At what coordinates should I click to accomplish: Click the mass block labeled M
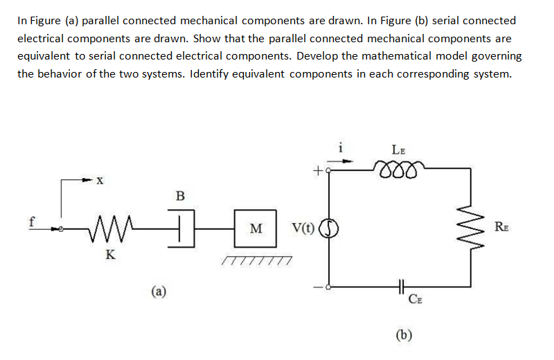(256, 228)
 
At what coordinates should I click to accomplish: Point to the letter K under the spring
(109, 254)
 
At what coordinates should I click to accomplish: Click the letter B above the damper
(180, 196)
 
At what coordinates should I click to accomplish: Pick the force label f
(31, 223)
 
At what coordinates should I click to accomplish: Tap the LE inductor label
(399, 149)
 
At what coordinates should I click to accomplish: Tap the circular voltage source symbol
(328, 228)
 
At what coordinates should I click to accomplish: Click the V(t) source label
(305, 228)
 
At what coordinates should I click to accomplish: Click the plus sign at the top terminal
(318, 168)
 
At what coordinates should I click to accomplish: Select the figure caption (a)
(159, 291)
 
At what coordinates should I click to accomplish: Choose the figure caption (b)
(404, 336)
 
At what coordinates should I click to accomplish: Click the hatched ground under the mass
(256, 260)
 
